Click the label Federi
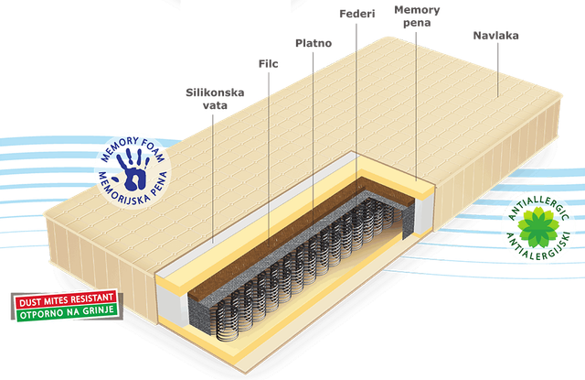(357, 14)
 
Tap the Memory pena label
(417, 16)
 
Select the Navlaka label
(495, 36)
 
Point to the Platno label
(314, 43)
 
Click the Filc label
(268, 63)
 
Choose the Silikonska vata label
(215, 99)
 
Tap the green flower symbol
(537, 227)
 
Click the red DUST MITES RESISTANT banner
(66, 299)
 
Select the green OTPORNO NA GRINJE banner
(67, 312)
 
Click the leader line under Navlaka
(497, 70)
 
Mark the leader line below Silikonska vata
(213, 179)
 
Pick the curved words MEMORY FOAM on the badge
(132, 148)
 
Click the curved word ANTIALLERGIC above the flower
(537, 207)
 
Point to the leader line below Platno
(313, 138)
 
